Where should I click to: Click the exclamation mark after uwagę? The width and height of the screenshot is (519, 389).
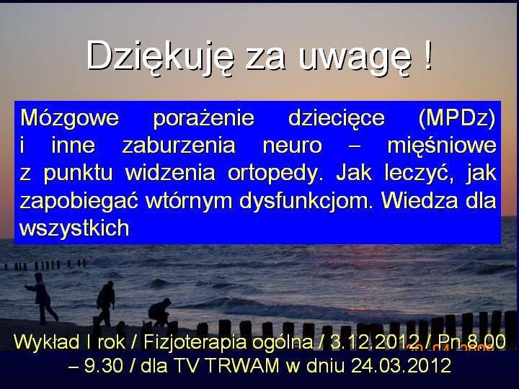tap(428, 55)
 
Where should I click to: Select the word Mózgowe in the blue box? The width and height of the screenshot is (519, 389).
tap(69, 118)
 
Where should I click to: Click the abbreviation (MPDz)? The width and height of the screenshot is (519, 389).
tap(457, 118)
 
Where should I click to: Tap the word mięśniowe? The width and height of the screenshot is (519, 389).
tap(442, 146)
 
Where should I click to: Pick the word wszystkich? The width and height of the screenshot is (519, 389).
tap(74, 228)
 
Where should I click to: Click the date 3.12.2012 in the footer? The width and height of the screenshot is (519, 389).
tap(375, 342)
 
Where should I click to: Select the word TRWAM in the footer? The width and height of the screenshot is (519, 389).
tap(243, 366)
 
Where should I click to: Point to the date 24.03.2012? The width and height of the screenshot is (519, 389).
tap(401, 366)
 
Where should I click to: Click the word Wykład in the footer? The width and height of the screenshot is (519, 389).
tap(46, 342)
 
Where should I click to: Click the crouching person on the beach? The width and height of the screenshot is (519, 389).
tap(159, 312)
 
